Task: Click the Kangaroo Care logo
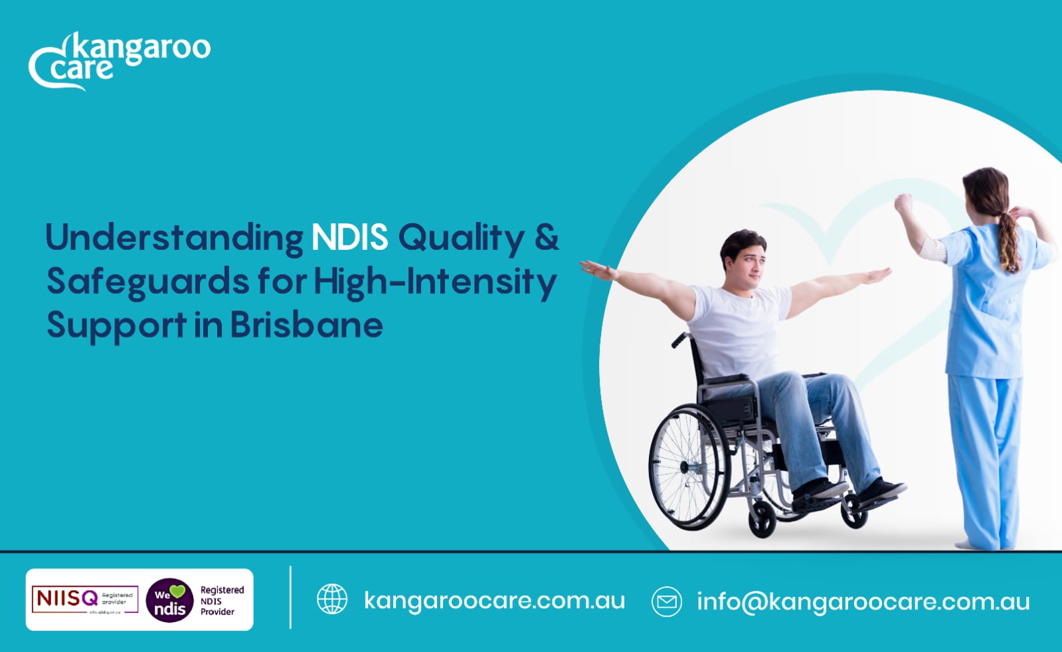click(x=120, y=60)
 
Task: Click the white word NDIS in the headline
click(x=349, y=237)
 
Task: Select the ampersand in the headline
click(x=546, y=237)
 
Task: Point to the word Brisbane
click(x=306, y=325)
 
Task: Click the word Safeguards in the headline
click(x=148, y=282)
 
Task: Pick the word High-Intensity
click(x=434, y=282)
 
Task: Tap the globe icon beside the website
click(x=332, y=599)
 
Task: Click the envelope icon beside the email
click(x=667, y=601)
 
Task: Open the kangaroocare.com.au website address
click(x=494, y=601)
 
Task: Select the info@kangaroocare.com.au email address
click(x=863, y=601)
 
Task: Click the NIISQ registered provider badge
click(x=84, y=599)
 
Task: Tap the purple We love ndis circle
click(x=169, y=600)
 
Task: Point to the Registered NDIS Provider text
click(x=221, y=601)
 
